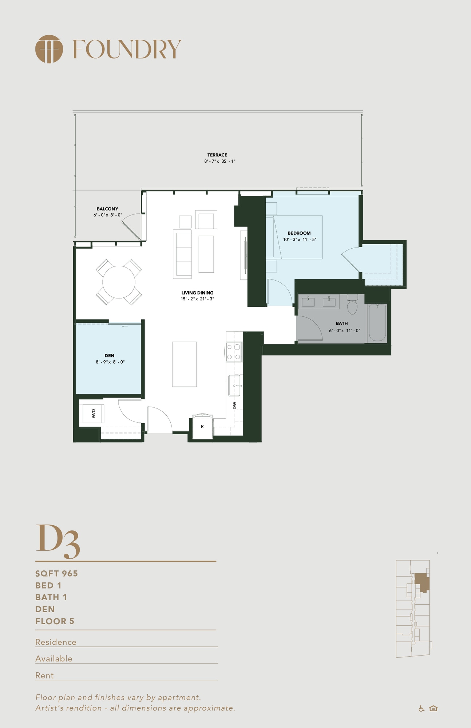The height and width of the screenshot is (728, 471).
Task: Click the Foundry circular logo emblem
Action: pos(49,49)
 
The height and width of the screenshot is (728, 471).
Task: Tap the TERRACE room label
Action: pos(217,155)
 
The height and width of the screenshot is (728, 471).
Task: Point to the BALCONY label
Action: pos(107,209)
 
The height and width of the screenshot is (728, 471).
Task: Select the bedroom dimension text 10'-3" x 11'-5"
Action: pos(300,240)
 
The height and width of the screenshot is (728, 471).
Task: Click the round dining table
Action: pos(119,282)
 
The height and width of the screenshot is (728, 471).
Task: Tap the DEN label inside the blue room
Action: pos(110,356)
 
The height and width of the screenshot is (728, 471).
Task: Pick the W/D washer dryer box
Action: pos(94,414)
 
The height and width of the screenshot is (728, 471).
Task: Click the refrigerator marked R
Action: pos(202,426)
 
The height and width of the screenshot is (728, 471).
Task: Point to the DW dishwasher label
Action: pos(234,405)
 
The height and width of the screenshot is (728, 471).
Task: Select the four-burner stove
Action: pos(234,352)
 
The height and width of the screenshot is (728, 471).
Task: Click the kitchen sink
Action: pos(234,385)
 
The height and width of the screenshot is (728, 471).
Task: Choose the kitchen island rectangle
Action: pos(185,364)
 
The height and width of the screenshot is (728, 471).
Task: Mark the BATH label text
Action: pos(342,323)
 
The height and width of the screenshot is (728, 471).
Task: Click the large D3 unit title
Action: pos(58,541)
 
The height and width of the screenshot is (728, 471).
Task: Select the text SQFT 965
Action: pos(56,574)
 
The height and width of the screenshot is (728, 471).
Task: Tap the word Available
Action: pos(54,658)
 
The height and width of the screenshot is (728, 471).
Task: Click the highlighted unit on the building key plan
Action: pos(422,582)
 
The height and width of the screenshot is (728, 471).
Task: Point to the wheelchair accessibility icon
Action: pos(421,708)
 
